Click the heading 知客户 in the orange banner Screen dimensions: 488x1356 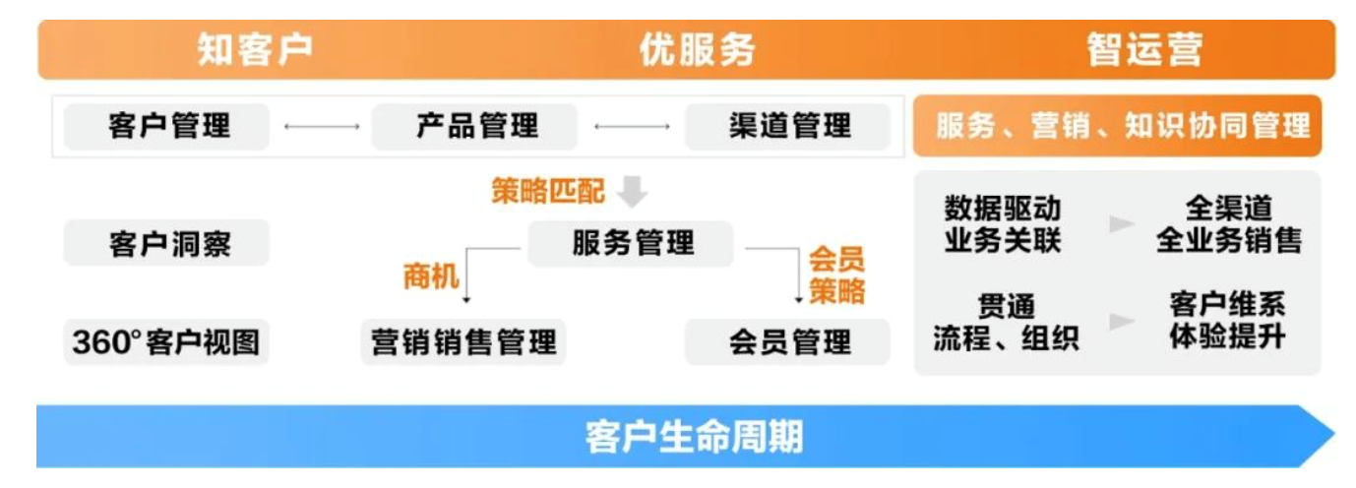tap(255, 49)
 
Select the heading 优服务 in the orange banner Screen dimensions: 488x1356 tap(697, 49)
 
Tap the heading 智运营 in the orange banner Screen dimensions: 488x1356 tap(1144, 49)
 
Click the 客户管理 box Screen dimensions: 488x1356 tap(167, 126)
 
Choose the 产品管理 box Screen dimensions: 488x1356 tap(477, 126)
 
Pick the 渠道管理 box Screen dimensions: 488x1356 tap(789, 126)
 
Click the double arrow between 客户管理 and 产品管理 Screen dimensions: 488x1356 tap(321, 127)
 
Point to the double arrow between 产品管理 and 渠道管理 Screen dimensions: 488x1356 tap(632, 127)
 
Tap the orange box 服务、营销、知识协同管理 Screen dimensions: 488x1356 tap(1122, 126)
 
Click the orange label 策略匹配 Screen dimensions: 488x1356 tap(548, 191)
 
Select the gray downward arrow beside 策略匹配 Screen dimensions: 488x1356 tap(631, 192)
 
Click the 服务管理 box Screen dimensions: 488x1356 tap(632, 243)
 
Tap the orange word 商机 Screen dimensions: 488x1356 tap(431, 277)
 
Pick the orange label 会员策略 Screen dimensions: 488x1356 tap(836, 275)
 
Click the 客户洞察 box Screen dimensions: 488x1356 tap(167, 243)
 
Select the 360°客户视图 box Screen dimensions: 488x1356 tap(167, 342)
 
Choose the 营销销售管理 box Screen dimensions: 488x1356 tap(463, 342)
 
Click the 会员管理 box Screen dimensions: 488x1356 tap(789, 342)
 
